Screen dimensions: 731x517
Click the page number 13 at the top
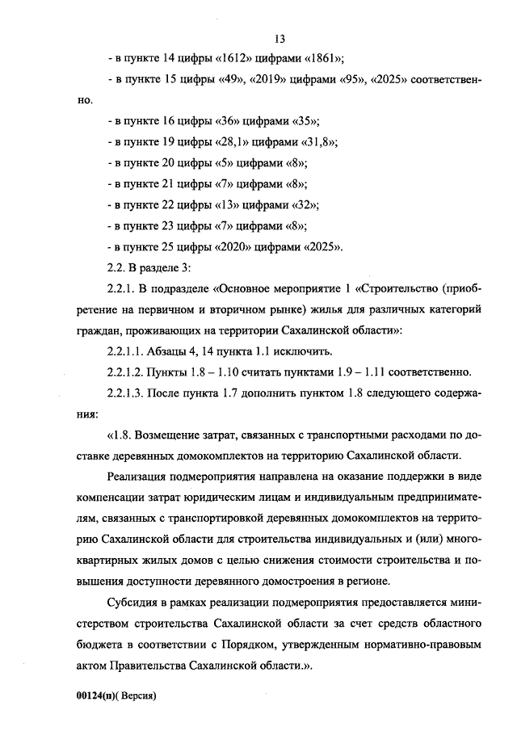click(x=280, y=38)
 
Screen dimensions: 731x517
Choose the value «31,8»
click(x=316, y=141)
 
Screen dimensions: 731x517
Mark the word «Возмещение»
click(x=175, y=435)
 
